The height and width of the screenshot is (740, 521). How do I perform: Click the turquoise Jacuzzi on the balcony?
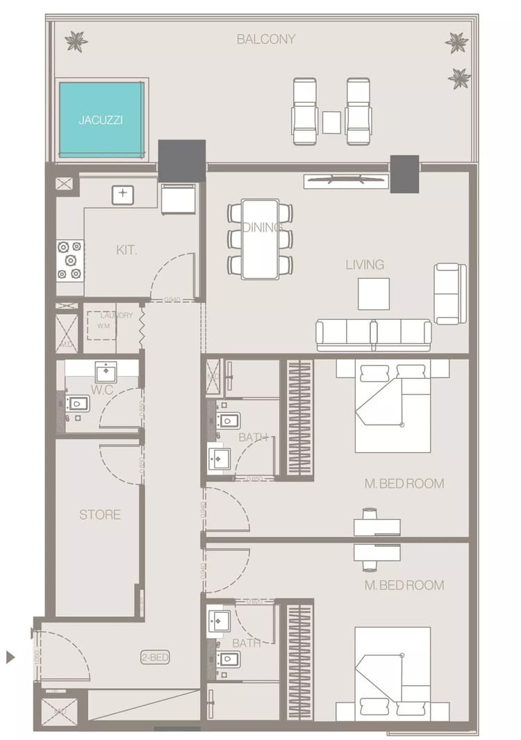coord(102,120)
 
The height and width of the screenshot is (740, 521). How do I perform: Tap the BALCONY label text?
coord(265,40)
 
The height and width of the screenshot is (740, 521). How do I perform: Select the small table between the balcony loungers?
coord(331,122)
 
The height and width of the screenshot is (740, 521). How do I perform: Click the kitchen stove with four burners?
coord(70,260)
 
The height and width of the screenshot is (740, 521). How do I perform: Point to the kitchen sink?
coord(123,195)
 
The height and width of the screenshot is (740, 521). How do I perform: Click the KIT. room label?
coord(126,249)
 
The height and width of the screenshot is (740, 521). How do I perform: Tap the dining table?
coord(260,239)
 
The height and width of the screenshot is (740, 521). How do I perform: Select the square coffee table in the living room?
coord(374,293)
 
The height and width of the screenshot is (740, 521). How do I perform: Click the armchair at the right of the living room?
coord(449,293)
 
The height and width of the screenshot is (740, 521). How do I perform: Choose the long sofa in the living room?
coord(374,334)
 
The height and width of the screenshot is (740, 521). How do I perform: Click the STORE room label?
coord(100,515)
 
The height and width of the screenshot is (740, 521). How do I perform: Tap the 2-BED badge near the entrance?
coord(155,657)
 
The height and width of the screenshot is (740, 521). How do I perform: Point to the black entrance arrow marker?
coord(10,657)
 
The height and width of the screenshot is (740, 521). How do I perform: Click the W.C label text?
coord(101,390)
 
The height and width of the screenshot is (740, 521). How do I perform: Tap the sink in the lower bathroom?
coord(220,620)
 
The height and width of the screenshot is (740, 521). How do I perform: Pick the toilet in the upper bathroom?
coord(228,420)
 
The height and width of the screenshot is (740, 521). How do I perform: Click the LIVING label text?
coord(365,265)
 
